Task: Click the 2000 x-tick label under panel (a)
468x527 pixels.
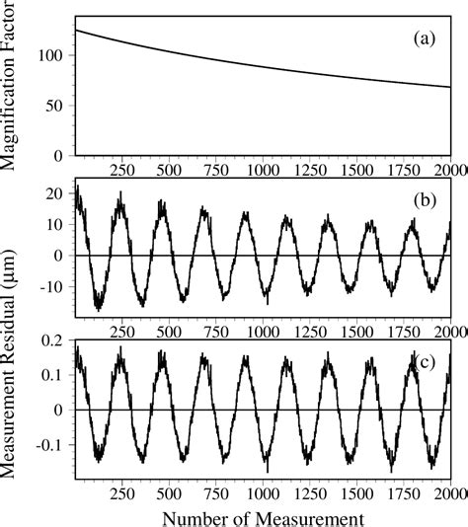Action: pos(450,170)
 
